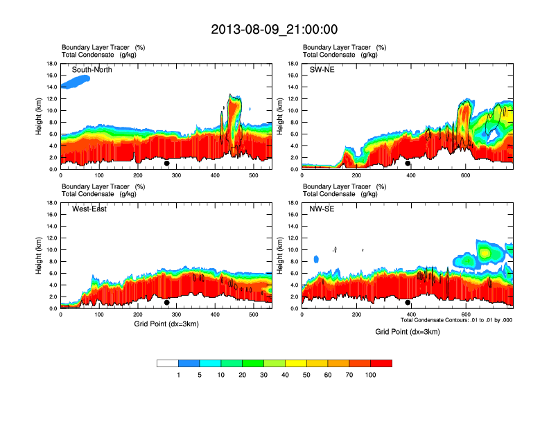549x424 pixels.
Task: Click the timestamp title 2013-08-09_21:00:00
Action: coord(274,29)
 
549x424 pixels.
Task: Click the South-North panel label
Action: coord(92,70)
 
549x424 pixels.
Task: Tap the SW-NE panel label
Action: coord(322,70)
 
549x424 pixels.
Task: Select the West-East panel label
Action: coord(89,209)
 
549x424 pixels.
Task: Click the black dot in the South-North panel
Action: coord(167,164)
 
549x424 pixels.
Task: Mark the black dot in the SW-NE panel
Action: coord(408,164)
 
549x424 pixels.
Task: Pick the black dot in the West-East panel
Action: coord(167,302)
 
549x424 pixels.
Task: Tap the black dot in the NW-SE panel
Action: coord(408,302)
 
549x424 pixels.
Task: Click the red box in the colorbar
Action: coord(381,363)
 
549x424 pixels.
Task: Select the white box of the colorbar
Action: coord(168,363)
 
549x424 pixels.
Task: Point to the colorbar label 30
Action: coord(263,375)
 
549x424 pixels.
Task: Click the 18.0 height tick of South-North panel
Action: coord(51,64)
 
